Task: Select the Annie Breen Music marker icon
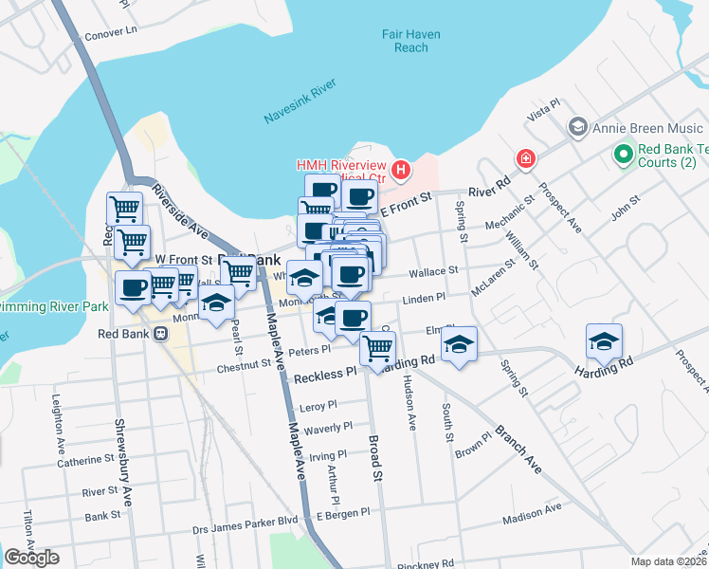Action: point(576,127)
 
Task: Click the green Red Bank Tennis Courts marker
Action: point(624,153)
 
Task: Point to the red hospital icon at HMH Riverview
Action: point(402,171)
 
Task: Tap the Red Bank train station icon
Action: point(161,333)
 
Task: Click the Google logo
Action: point(31,558)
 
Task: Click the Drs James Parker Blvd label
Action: point(245,521)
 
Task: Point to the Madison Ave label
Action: point(532,511)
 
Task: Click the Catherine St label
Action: point(85,460)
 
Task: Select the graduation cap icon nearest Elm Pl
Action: point(459,344)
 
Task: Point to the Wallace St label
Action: point(433,271)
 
